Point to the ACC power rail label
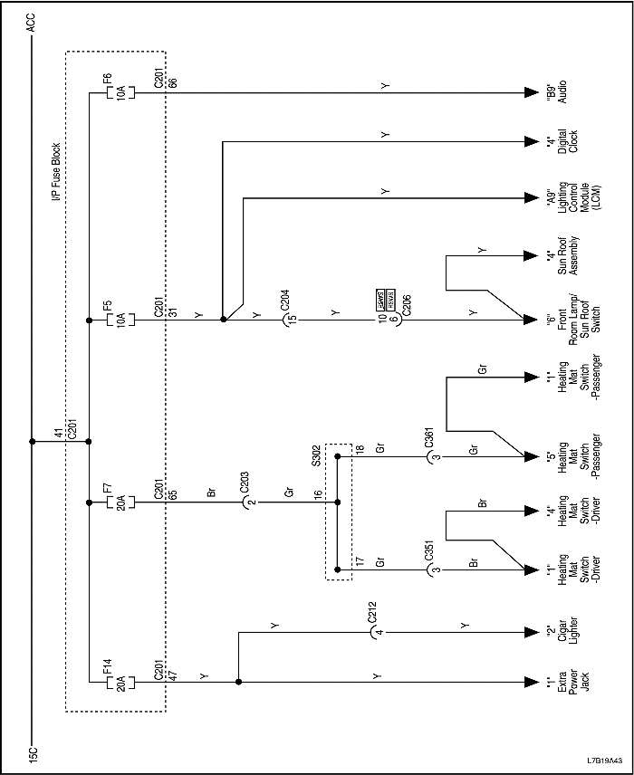click(x=32, y=22)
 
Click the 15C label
click(x=32, y=753)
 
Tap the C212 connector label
click(x=372, y=615)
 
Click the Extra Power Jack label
click(x=562, y=682)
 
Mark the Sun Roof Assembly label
click(x=562, y=254)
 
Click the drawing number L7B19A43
click(x=603, y=761)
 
